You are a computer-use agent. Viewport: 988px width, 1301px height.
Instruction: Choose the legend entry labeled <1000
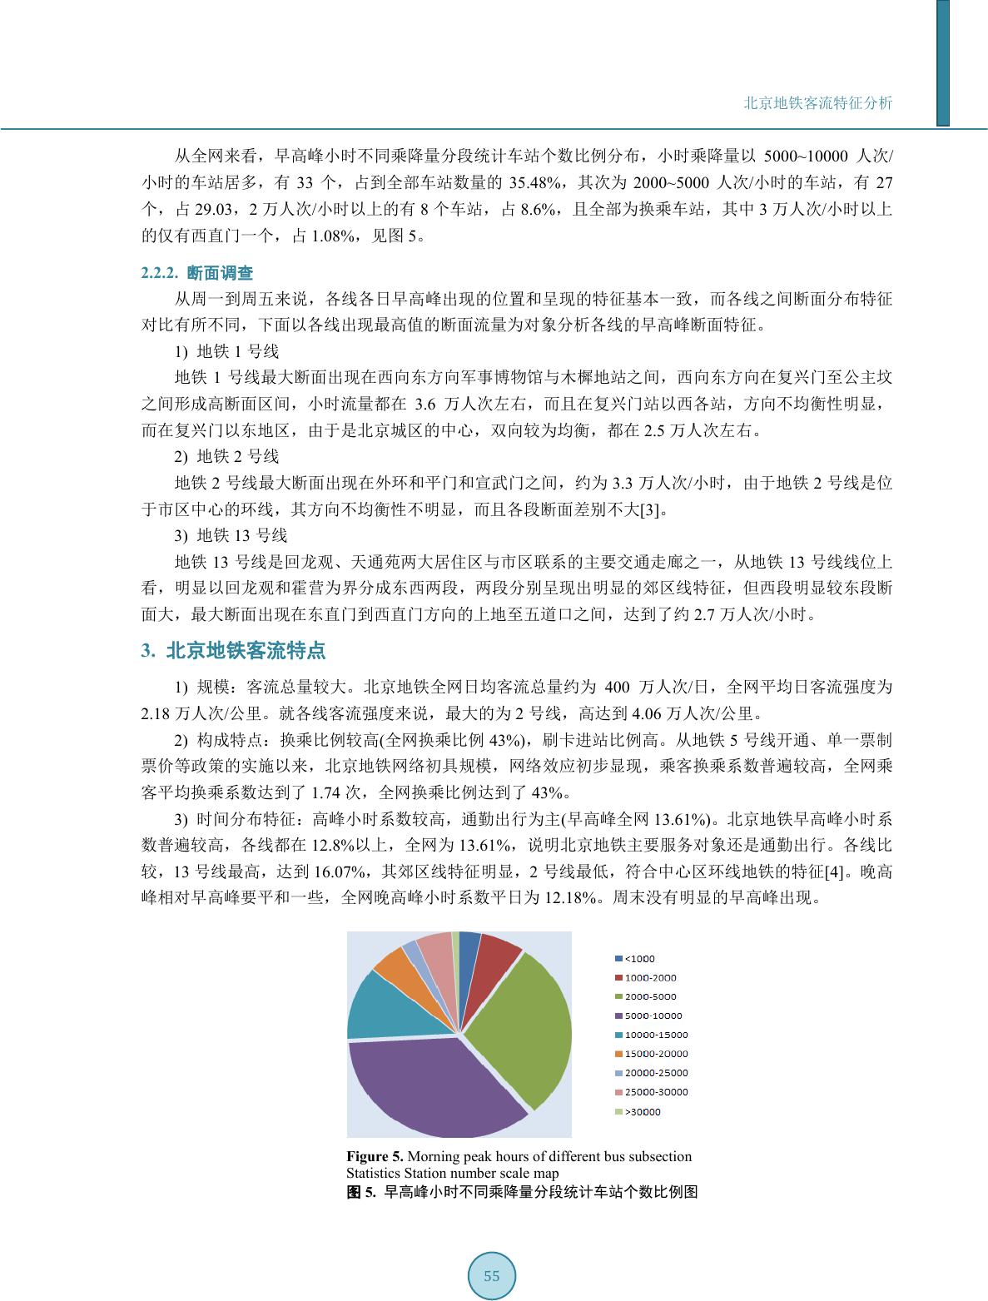[639, 958]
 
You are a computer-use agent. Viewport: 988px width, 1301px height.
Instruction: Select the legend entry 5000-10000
[653, 1015]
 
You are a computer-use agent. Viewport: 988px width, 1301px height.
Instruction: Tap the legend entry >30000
[643, 1111]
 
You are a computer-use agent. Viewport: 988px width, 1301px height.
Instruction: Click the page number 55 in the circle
[492, 1275]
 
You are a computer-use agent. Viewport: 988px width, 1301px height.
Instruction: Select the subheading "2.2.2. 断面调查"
[197, 272]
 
